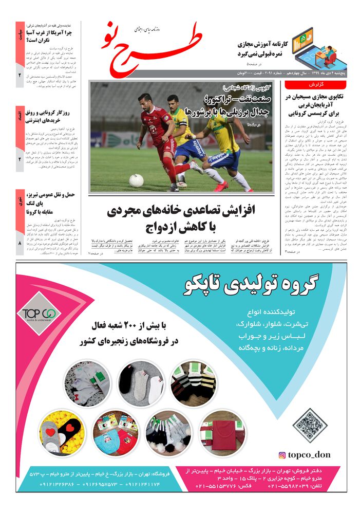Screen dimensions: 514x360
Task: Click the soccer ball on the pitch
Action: click(x=136, y=180)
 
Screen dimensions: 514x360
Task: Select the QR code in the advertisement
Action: click(x=310, y=425)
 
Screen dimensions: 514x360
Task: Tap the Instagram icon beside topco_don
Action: click(x=282, y=455)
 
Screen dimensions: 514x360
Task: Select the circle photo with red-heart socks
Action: click(x=62, y=432)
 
